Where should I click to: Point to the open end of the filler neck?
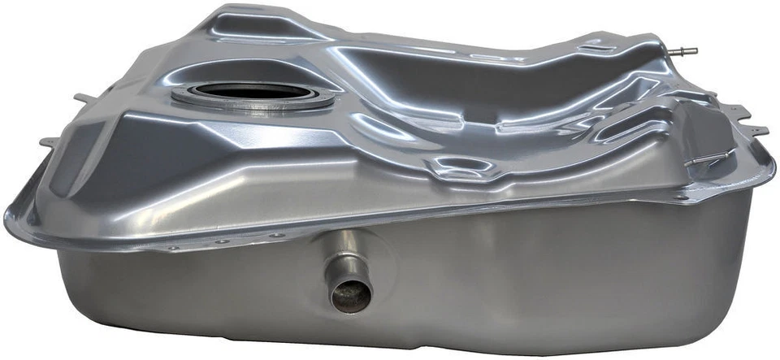(349, 295)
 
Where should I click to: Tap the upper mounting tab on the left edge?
(81, 98)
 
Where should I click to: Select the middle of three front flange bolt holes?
(222, 241)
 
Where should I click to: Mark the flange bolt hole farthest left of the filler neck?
(173, 247)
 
